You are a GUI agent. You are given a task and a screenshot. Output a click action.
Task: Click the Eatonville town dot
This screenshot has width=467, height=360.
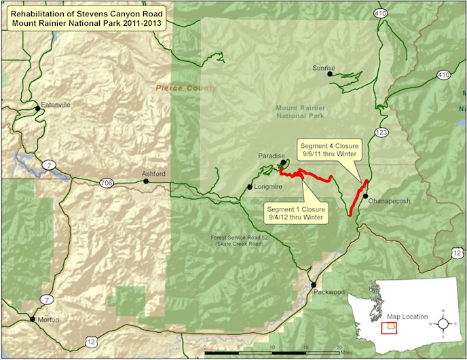(x=37, y=107)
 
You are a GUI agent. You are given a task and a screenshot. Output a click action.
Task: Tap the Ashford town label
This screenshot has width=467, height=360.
(x=153, y=174)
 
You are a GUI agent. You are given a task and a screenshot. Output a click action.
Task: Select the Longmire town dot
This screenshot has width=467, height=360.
(x=250, y=187)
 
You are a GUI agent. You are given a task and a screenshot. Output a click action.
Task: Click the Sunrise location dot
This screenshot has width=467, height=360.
(x=330, y=75)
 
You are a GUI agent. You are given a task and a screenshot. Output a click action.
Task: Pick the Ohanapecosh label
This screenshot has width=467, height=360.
(x=390, y=201)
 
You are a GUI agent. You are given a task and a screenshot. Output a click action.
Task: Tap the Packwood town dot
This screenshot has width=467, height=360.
(x=314, y=285)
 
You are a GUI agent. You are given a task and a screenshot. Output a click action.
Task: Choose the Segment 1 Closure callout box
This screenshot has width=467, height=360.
(x=296, y=213)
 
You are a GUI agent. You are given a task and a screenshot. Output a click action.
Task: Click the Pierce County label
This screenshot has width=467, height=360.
(x=186, y=88)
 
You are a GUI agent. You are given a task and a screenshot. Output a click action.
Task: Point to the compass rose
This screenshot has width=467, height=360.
(x=443, y=319)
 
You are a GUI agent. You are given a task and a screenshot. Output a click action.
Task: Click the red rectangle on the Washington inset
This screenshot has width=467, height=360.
(x=389, y=327)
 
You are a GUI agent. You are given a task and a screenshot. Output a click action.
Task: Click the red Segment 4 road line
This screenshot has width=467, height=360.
(x=358, y=198)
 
